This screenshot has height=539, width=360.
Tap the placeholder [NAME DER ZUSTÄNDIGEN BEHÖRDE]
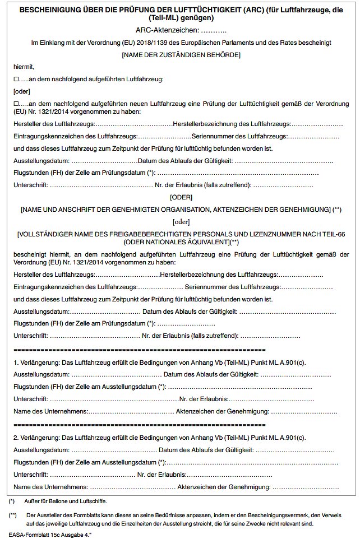click(181, 55)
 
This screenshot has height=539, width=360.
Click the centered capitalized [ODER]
click(181, 197)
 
